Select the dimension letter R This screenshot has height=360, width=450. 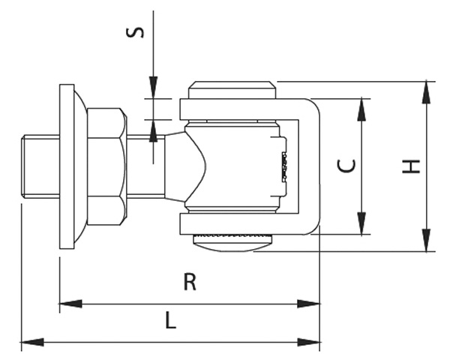pyautogui.click(x=190, y=282)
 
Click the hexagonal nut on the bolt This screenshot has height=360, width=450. pyautogui.click(x=106, y=166)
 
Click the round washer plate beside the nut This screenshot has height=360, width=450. pyautogui.click(x=68, y=166)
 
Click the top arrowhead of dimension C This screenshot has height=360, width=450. pyautogui.click(x=362, y=108)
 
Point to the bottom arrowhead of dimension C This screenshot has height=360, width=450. pyautogui.click(x=362, y=224)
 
